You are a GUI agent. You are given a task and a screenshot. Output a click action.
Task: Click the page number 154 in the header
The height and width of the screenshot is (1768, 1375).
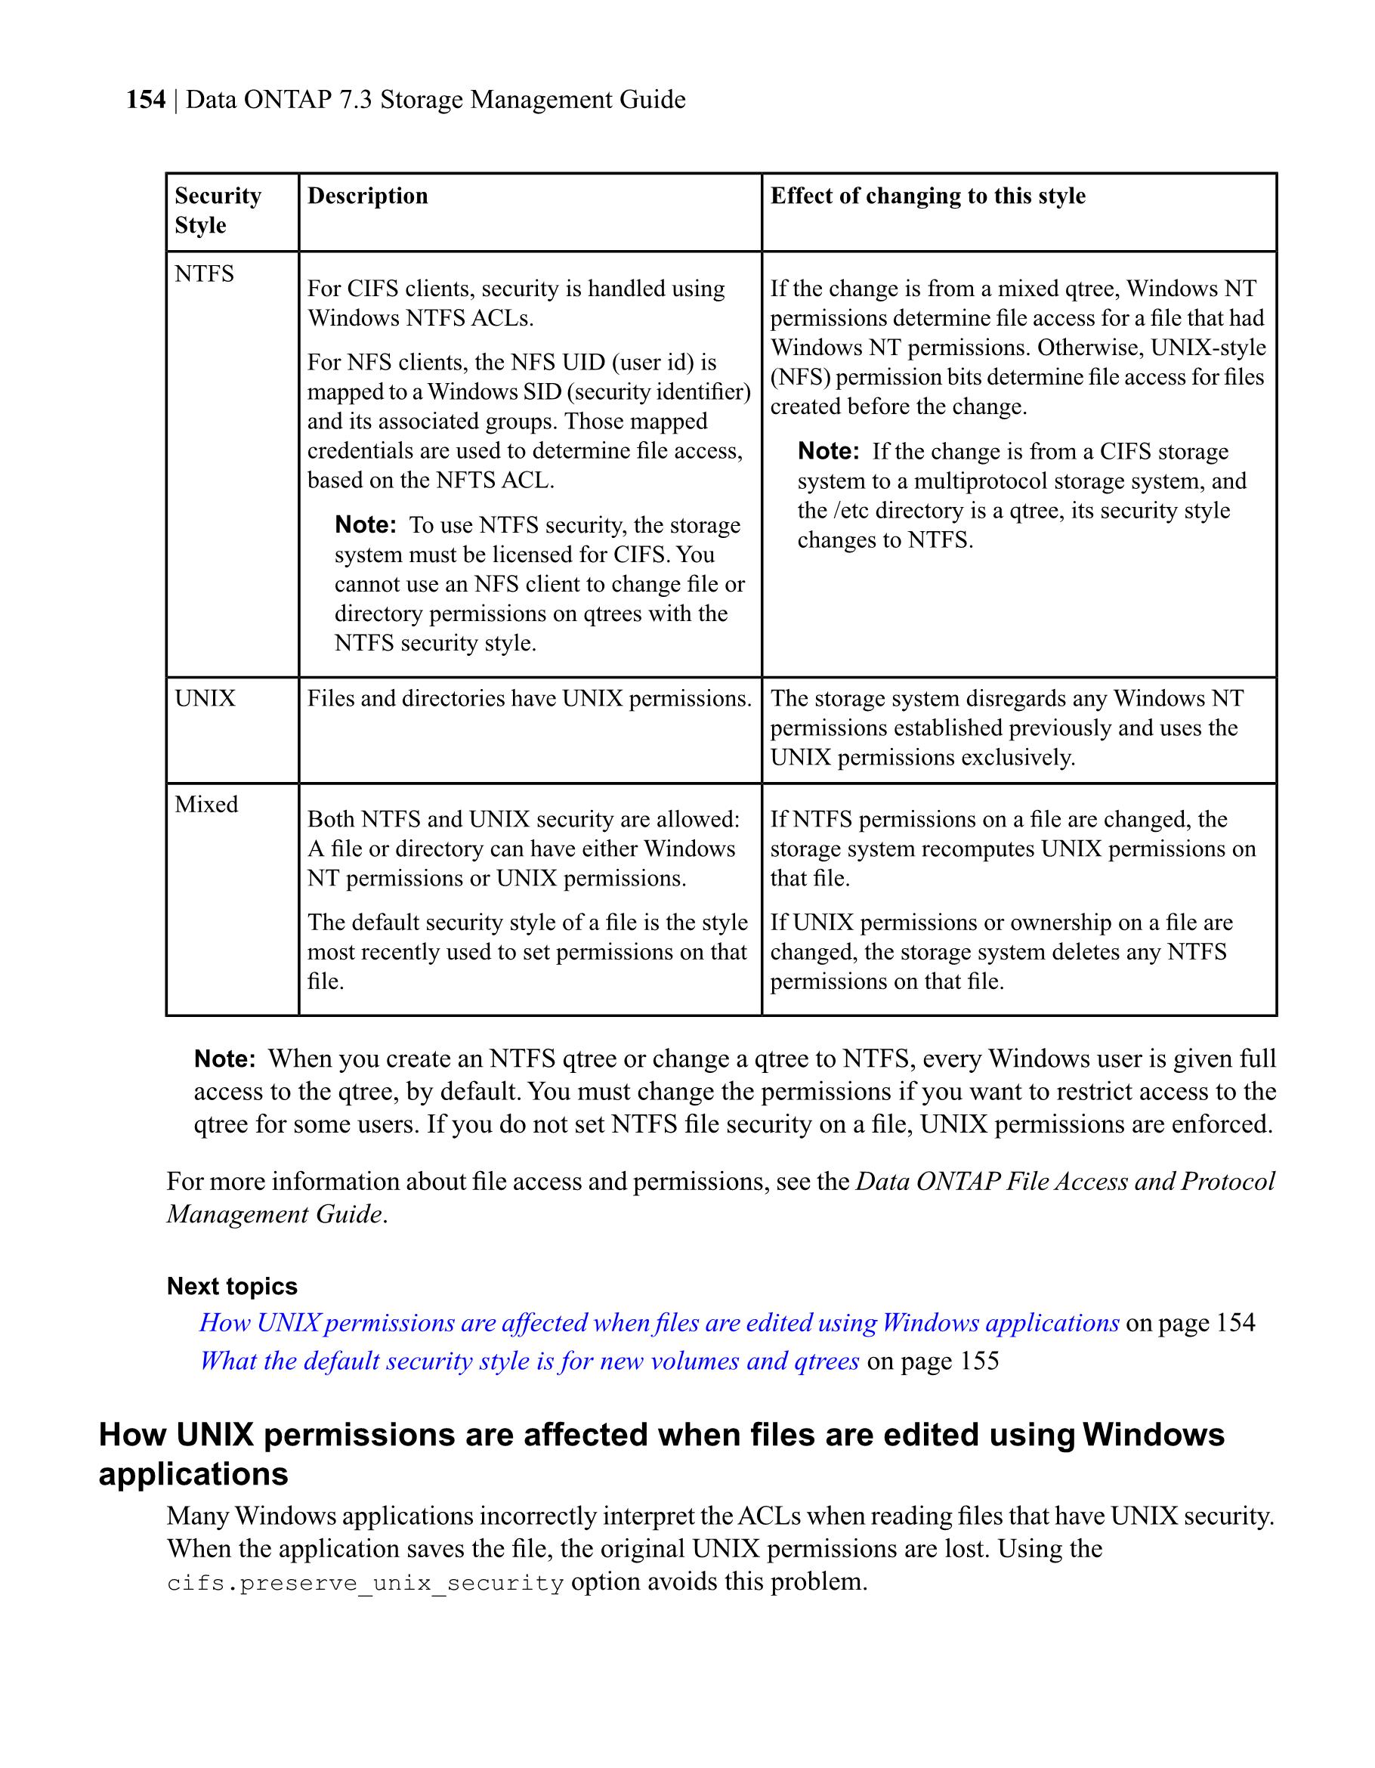coord(146,100)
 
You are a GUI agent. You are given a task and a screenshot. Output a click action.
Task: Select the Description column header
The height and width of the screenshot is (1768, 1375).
coord(367,196)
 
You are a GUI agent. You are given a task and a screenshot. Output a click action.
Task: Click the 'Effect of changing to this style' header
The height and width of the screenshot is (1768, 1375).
coord(928,196)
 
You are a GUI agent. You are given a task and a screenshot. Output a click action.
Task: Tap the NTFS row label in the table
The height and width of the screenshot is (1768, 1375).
coord(204,274)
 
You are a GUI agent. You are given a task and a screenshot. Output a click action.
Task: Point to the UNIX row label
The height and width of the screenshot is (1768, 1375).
coord(205,699)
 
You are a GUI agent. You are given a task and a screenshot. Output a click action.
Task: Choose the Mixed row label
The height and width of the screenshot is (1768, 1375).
coord(206,805)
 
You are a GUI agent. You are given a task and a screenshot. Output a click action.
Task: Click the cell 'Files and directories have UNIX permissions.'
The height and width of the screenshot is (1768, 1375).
coord(530,699)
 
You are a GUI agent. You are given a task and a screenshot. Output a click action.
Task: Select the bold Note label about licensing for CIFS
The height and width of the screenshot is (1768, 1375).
coord(365,525)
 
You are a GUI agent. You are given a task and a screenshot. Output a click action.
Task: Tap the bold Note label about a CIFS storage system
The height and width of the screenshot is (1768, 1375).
coord(828,452)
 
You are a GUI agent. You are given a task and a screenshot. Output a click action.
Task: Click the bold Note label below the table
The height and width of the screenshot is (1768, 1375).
coord(225,1059)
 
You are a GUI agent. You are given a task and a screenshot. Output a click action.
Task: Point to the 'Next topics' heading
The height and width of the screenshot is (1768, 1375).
coord(231,1286)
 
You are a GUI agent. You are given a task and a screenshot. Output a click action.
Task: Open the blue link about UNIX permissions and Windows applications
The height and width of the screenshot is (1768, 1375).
coord(659,1323)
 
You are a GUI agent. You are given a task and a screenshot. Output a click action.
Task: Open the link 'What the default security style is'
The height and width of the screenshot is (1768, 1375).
coord(530,1361)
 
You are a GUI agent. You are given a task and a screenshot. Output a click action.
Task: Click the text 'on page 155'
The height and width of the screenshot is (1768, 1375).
coord(932,1361)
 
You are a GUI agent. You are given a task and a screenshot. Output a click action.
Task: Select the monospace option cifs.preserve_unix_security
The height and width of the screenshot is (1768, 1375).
coord(365,1584)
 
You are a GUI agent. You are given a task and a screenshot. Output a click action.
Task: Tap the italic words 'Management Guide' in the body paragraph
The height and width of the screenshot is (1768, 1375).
coord(274,1214)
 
